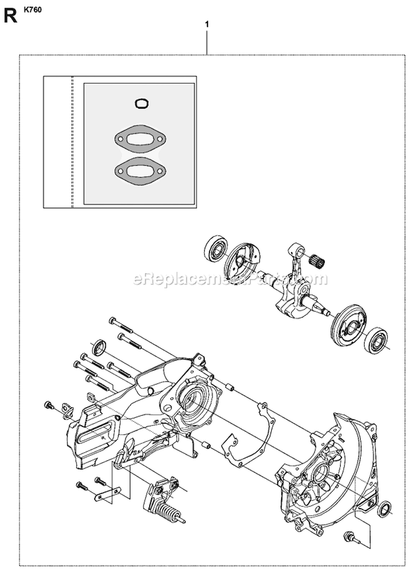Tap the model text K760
coord(32,9)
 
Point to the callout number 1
coord(207,25)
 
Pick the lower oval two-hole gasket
coord(138,170)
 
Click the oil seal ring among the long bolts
coord(100,347)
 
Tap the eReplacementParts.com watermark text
coord(230,279)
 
